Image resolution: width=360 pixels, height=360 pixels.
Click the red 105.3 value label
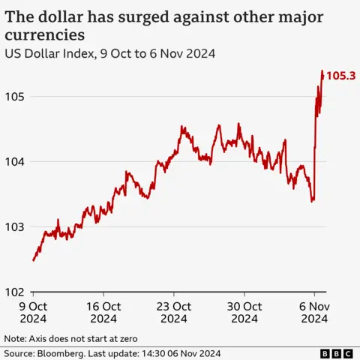tap(342, 75)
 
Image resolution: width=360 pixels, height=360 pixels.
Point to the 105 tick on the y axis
tap(16, 97)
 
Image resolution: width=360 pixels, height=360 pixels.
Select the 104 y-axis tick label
tap(16, 161)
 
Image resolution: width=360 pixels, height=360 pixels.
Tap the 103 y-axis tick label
tap(16, 226)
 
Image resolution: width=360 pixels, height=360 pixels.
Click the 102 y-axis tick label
tap(16, 292)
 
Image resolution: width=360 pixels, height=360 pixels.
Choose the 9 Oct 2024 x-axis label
tap(33, 312)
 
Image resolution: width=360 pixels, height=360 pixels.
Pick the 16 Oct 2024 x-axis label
tap(103, 312)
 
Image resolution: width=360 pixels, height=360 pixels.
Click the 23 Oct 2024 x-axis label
tap(174, 312)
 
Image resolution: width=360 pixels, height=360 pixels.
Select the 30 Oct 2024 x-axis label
tap(244, 312)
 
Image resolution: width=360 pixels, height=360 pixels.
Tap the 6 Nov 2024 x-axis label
tap(315, 312)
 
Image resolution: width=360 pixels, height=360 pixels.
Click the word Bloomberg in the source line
tap(62, 353)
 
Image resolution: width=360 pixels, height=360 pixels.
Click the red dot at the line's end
tap(323, 75)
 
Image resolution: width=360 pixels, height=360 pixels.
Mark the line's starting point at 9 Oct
tap(34, 260)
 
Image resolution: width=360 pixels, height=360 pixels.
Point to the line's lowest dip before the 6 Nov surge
tap(312, 201)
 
